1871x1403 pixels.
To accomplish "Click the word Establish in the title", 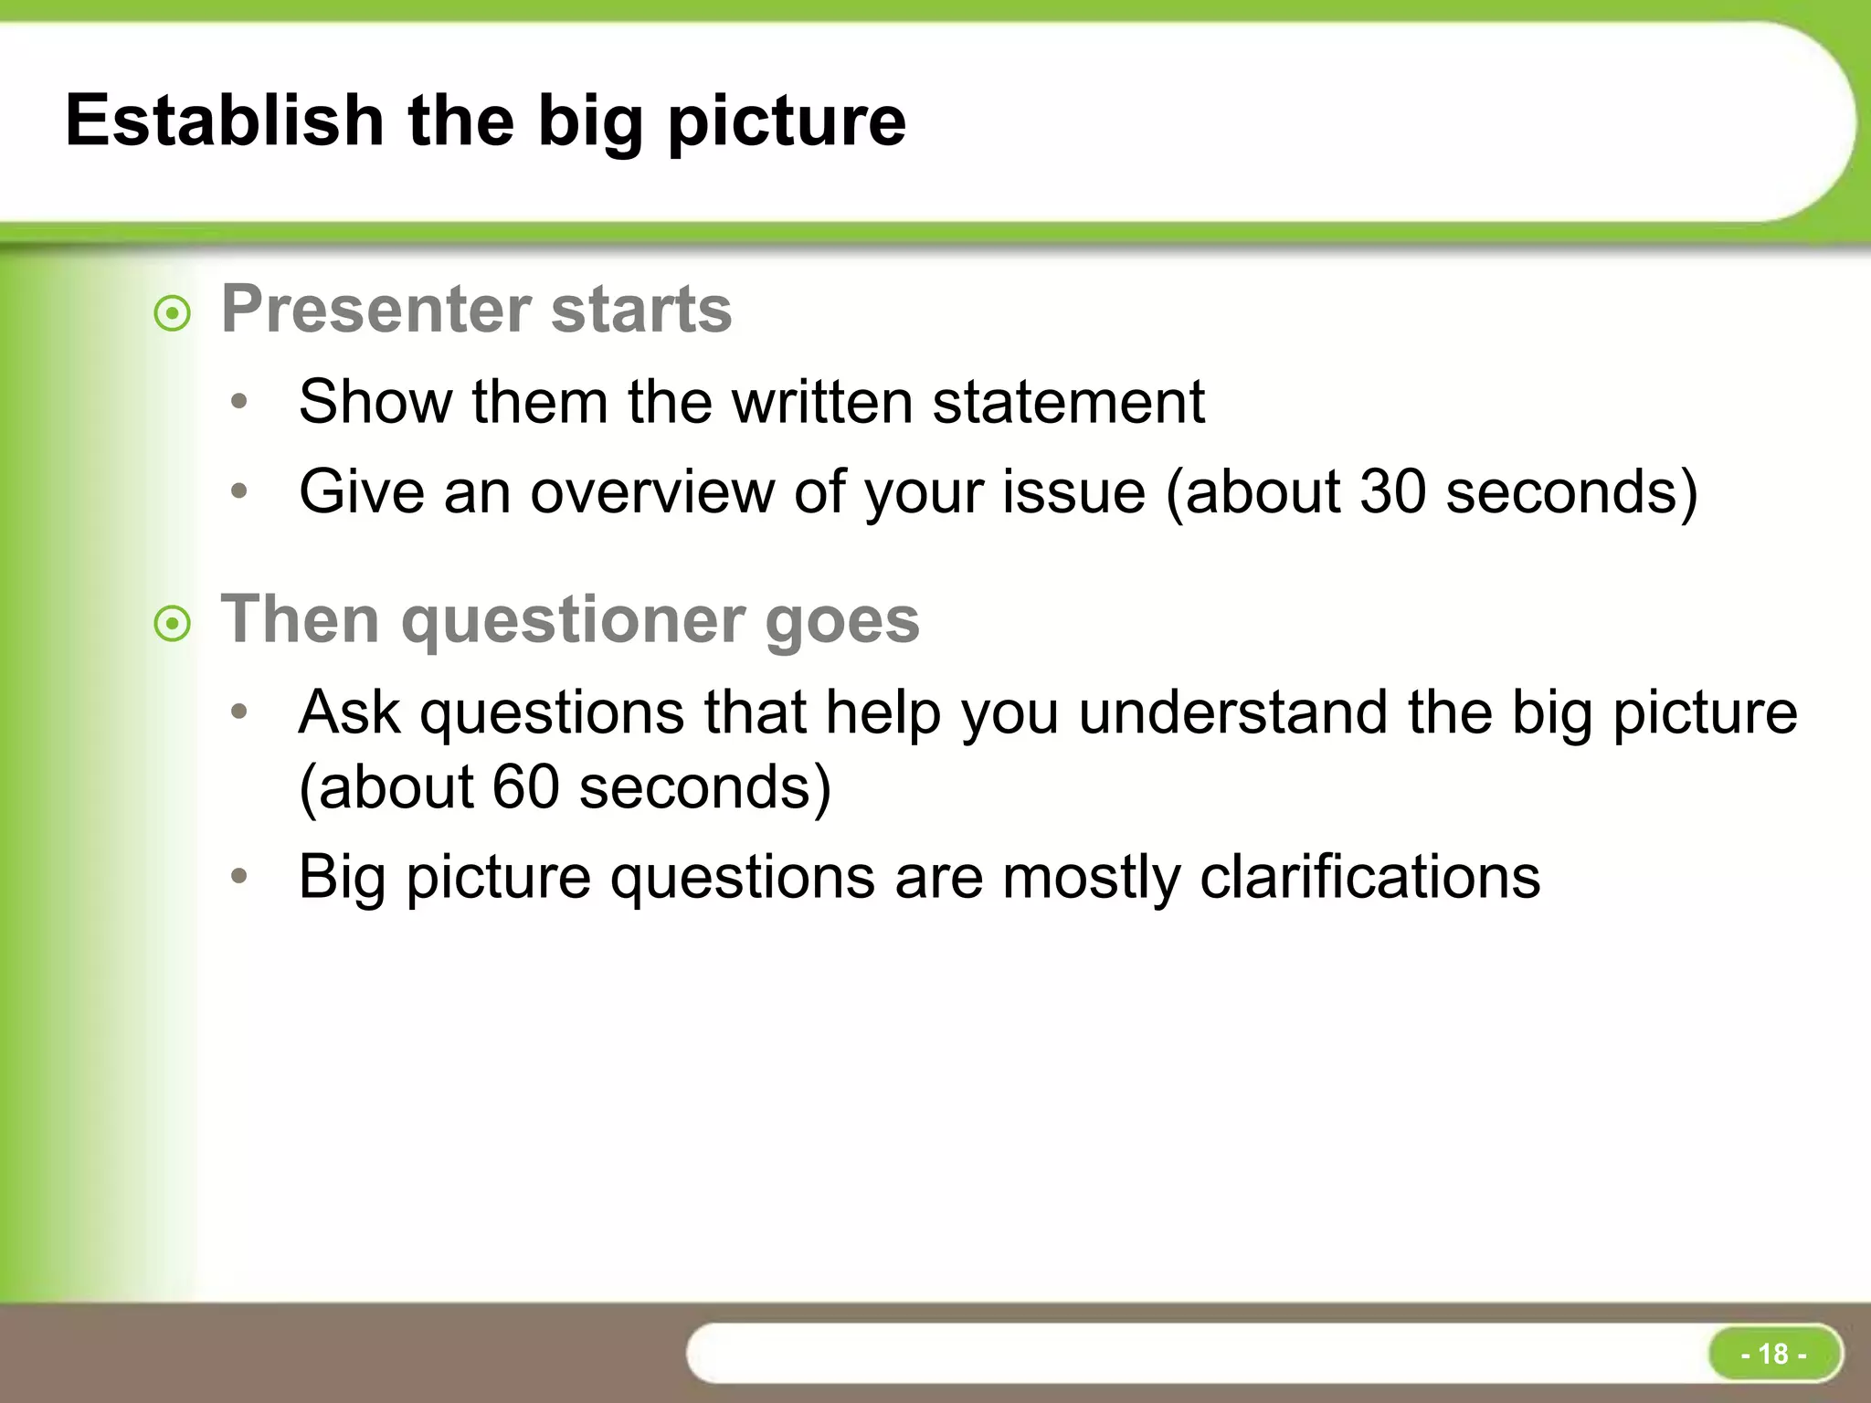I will tap(225, 121).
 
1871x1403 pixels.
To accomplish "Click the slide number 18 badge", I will tap(1773, 1353).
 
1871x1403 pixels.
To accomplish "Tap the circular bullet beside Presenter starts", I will tap(173, 315).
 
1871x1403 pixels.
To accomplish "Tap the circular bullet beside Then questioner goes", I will tap(173, 626).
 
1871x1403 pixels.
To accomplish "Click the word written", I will tap(822, 402).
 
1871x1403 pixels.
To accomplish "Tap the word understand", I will tap(1233, 712).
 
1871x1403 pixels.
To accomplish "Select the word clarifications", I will tap(1369, 877).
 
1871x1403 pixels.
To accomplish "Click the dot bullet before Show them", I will tap(239, 402).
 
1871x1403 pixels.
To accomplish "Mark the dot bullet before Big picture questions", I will tap(239, 877).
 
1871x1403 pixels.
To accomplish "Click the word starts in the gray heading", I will tap(641, 309).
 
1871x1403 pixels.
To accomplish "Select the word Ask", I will tap(349, 712).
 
